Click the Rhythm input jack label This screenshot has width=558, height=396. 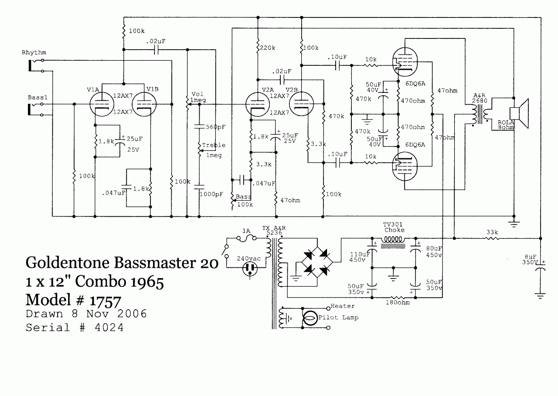coord(34,53)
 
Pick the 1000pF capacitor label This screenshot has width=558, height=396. coord(211,194)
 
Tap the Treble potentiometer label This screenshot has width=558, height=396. coord(214,145)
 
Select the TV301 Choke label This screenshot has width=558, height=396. coord(394,227)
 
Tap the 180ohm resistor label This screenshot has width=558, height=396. coord(395,301)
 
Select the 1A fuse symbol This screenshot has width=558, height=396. coord(246,239)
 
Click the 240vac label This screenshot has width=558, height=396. coord(248,258)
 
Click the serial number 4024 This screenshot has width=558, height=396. coord(109,328)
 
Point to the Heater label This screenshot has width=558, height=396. coord(343,306)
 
